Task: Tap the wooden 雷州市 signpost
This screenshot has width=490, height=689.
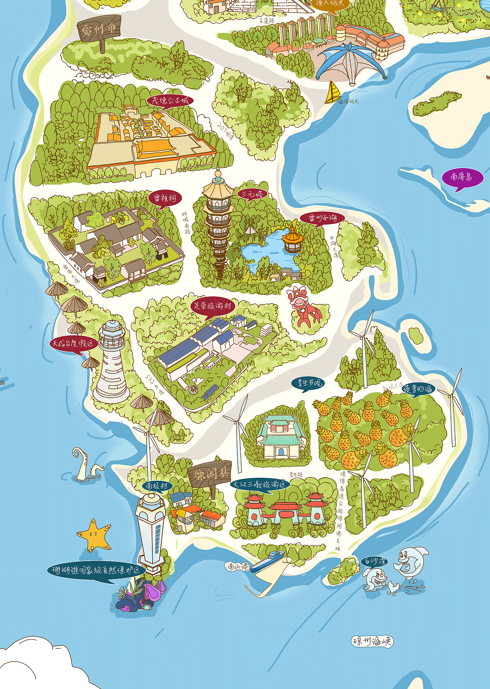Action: [x=99, y=30]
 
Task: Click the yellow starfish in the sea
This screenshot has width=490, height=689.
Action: [x=94, y=534]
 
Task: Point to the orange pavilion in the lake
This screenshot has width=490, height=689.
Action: [x=292, y=240]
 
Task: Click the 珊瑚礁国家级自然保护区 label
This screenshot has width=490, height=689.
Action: [x=96, y=570]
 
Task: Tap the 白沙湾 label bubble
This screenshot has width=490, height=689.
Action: [x=374, y=561]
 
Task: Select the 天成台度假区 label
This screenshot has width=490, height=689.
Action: [x=73, y=343]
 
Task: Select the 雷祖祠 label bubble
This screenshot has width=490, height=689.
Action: [x=165, y=198]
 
